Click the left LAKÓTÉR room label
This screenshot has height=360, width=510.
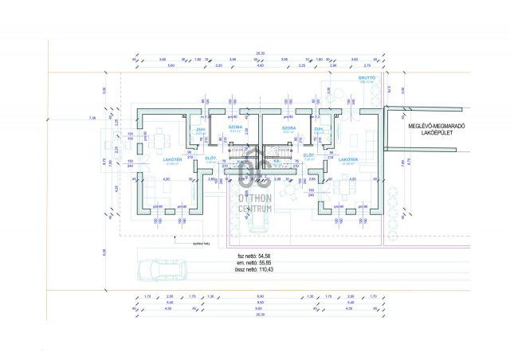(173, 159)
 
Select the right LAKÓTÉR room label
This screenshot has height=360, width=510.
(348, 159)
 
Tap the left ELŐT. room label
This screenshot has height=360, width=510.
(211, 156)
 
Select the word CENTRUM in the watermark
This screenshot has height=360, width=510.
(255, 209)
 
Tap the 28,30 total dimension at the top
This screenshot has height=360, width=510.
(260, 53)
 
